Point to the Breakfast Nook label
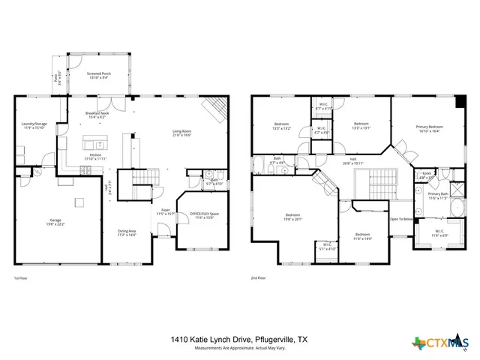(97, 113)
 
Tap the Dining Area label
(127, 232)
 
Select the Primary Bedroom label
(430, 127)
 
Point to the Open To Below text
(400, 219)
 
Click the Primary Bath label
(437, 194)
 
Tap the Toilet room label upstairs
(426, 173)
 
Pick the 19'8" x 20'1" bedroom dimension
(292, 220)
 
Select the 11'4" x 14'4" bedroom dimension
(363, 238)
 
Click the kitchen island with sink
(94, 144)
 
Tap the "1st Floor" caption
(20, 277)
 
